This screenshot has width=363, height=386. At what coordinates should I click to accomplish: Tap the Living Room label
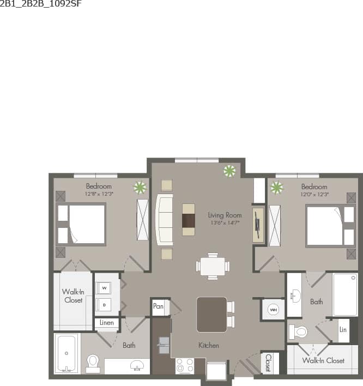225,215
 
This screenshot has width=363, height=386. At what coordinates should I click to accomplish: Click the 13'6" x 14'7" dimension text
225,222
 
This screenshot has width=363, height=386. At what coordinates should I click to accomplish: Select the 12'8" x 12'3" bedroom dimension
98,194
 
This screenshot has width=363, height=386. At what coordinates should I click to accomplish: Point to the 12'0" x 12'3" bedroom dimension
314,194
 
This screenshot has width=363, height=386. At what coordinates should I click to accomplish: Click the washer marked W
104,287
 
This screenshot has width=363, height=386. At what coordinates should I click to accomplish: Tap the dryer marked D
104,304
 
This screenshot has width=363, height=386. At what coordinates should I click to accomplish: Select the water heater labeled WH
273,310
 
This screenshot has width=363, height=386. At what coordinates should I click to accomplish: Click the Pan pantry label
158,306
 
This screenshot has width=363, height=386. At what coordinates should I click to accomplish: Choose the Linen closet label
107,323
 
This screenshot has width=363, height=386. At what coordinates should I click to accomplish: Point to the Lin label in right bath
343,330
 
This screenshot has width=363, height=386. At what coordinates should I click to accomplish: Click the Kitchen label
209,345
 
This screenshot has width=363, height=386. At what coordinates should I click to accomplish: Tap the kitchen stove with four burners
184,365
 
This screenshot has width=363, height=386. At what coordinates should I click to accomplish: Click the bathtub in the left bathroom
66,353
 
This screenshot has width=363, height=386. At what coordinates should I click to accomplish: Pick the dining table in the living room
213,266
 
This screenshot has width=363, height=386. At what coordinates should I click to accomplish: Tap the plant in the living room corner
229,171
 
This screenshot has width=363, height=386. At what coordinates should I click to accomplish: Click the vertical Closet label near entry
268,363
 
